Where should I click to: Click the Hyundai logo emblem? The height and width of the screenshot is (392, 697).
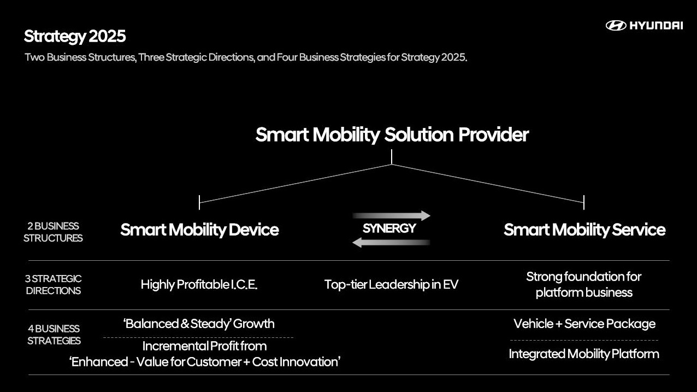point(616,26)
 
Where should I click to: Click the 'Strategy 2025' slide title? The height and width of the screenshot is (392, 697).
point(75,37)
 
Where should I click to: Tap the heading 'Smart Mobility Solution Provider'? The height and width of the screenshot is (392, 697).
point(392,135)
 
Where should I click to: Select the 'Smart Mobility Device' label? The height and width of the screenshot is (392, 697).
point(199,230)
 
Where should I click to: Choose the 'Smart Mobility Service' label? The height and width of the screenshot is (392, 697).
point(584,230)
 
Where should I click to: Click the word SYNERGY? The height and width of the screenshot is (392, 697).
point(389,229)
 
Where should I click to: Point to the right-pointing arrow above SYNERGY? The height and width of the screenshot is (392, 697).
point(392,215)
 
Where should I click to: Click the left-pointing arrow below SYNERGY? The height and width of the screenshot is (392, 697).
point(391,242)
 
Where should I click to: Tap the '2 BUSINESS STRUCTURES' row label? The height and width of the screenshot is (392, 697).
point(53,232)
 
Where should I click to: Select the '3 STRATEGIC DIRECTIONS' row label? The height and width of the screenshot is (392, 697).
point(53,285)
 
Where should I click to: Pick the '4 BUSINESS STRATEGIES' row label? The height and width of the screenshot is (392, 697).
point(54,335)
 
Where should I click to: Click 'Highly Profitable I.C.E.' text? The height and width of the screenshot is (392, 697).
point(199,285)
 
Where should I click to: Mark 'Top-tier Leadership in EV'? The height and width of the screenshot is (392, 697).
point(391,284)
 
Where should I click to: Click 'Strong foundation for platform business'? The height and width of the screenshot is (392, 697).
point(584,285)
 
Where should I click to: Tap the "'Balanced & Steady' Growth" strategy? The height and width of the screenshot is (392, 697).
point(199,324)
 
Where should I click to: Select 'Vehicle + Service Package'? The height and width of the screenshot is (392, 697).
point(584,324)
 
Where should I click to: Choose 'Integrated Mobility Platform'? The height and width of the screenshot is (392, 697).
point(584,354)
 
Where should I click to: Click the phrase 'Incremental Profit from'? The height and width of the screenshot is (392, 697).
point(204,346)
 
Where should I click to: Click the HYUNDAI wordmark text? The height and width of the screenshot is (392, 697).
point(656,26)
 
